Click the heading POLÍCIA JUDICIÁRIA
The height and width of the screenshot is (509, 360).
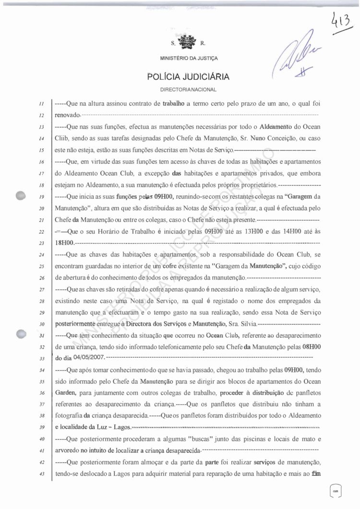[x=188, y=76]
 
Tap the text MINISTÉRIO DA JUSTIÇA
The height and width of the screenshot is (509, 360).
[x=188, y=59]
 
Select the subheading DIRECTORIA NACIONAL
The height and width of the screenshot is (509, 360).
[x=188, y=90]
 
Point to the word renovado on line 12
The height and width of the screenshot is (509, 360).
[x=68, y=116]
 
